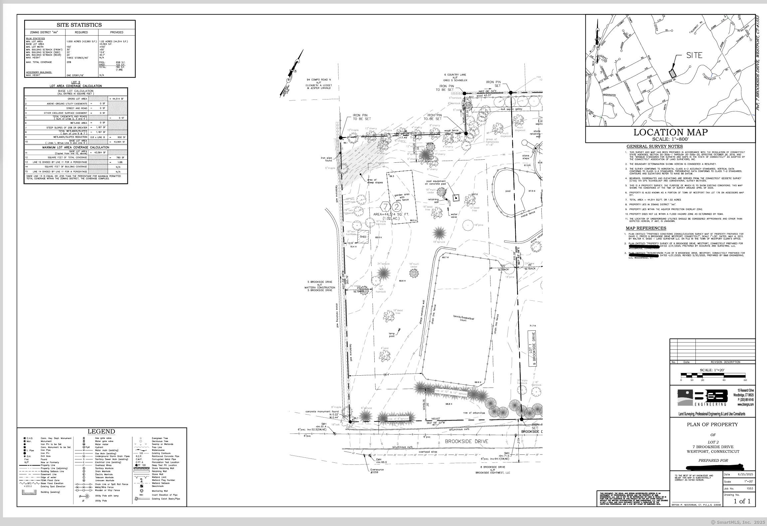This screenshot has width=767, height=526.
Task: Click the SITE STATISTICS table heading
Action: [79, 25]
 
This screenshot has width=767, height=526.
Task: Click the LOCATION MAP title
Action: [670, 132]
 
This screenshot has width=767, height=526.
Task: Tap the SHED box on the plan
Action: [363, 237]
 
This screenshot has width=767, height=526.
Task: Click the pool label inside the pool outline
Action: [508, 191]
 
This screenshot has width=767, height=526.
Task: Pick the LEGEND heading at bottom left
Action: [101, 432]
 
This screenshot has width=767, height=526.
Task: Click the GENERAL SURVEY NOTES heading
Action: [655, 147]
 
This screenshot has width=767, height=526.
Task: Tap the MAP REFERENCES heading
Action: [646, 228]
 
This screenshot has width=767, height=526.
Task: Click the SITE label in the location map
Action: [694, 56]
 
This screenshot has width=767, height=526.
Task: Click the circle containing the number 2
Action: [395, 207]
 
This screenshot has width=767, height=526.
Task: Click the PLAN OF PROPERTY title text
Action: [712, 425]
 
